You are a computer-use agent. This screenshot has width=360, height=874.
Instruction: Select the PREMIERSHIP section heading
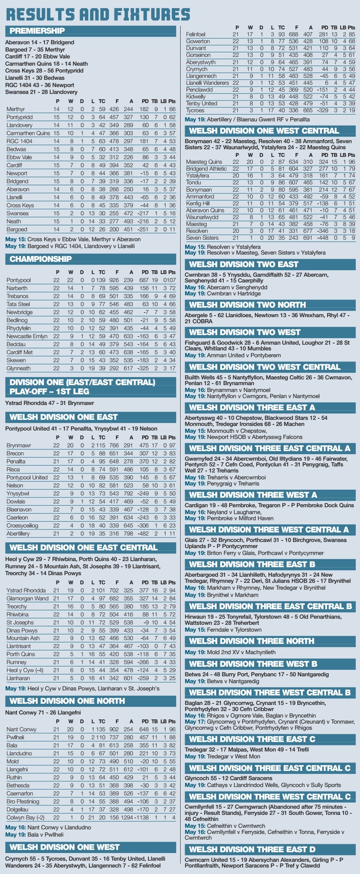tap(37, 31)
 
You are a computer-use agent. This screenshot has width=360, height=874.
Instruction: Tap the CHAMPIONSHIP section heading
tap(40, 259)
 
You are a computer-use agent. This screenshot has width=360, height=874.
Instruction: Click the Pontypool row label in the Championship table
tap(18, 280)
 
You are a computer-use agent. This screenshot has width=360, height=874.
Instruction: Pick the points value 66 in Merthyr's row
tap(172, 109)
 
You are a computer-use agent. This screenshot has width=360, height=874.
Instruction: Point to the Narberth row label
tap(17, 288)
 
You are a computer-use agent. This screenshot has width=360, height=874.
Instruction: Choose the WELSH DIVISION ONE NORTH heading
tap(67, 701)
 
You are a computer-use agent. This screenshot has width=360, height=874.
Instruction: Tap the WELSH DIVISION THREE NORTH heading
tap(252, 641)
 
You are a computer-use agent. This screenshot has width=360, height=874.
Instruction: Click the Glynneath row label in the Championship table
tap(18, 368)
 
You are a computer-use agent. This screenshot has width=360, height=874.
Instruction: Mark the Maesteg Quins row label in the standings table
tap(204, 162)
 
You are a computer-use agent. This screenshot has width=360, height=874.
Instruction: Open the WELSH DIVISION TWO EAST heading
tap(244, 264)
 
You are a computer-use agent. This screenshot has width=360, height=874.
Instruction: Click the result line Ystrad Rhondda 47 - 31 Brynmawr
tap(50, 403)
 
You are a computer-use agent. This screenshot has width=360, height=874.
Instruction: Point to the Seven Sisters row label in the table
tap(202, 238)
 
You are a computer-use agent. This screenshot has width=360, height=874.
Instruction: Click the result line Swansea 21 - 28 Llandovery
tap(41, 92)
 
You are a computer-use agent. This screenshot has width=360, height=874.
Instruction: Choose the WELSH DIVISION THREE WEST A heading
tap(253, 495)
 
